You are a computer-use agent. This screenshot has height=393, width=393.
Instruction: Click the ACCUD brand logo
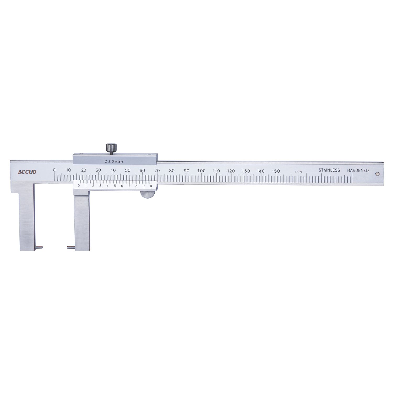pos(27,172)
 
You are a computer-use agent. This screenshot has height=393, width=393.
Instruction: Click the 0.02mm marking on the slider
pos(114,162)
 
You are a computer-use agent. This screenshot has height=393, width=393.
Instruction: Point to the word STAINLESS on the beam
pos(329,170)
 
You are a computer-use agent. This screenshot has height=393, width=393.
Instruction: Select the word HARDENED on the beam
pos(358,170)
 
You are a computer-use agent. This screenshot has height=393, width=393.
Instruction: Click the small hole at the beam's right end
pos(377,173)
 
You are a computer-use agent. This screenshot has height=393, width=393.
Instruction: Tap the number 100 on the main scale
pos(201,171)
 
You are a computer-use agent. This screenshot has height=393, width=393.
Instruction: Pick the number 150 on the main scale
pos(276,171)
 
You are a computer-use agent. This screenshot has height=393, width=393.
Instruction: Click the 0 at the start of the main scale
pos(54,170)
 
